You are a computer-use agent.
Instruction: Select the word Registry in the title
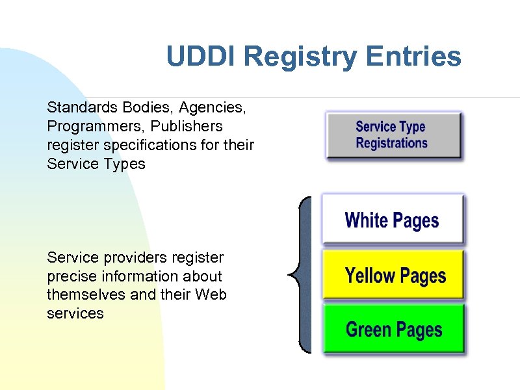click(x=301, y=57)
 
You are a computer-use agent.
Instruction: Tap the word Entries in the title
click(x=413, y=57)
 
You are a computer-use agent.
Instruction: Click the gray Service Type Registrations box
click(x=393, y=135)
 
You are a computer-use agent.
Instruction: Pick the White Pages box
click(x=393, y=220)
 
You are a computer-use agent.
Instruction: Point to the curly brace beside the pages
click(x=300, y=274)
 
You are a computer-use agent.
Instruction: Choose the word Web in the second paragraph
click(x=211, y=294)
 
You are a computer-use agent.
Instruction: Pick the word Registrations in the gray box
click(x=391, y=143)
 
